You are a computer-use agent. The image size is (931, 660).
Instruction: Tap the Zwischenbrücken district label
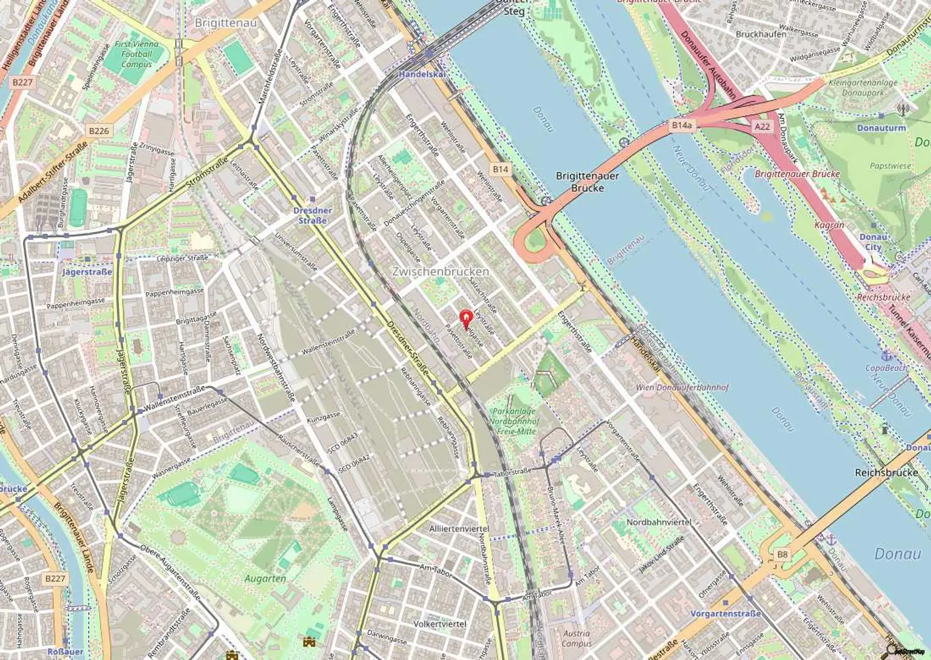(440, 272)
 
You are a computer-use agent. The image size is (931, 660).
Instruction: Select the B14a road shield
(681, 125)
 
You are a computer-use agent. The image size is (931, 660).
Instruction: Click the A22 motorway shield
(762, 126)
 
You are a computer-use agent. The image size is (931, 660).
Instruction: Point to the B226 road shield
(99, 131)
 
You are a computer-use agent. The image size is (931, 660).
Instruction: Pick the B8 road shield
(782, 554)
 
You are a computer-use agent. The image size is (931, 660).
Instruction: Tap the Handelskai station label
(422, 74)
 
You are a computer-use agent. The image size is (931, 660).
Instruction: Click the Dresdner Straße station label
(312, 215)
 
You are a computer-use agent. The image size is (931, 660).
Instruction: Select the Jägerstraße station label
(87, 272)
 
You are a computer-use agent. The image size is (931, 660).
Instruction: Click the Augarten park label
(265, 578)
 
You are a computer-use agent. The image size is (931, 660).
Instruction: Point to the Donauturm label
(881, 128)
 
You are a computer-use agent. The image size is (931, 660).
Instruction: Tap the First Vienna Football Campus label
(136, 54)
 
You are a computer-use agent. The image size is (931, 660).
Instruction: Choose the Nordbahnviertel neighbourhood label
(659, 522)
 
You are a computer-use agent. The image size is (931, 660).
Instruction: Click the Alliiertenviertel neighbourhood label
(458, 528)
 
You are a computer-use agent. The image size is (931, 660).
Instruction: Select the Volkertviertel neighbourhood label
(440, 624)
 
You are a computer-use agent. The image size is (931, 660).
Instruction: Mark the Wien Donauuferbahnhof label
(682, 387)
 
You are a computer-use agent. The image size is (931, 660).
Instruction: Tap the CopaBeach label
(886, 367)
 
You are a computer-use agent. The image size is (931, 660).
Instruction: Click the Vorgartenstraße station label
(725, 613)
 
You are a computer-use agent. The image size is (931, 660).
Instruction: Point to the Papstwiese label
(890, 165)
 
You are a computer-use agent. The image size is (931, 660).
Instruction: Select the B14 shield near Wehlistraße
(500, 169)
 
